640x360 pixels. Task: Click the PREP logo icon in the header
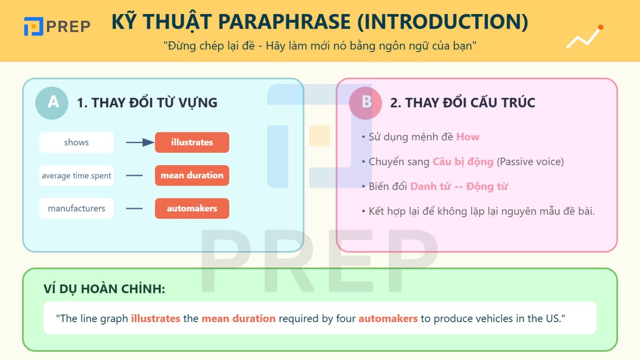[x=33, y=26]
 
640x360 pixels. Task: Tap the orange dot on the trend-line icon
[x=600, y=27]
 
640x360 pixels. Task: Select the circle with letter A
[x=52, y=103]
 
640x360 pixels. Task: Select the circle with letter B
[x=365, y=103]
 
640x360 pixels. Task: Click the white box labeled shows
[x=76, y=142]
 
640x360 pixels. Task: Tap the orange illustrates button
[x=192, y=142]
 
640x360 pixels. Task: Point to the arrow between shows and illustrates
[x=140, y=142]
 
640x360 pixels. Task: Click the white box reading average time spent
[x=76, y=176]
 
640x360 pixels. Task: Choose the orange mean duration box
[x=192, y=176]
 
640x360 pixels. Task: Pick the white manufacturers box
[x=76, y=208]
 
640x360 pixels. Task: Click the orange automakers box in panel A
[x=192, y=208]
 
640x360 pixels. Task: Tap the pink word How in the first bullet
[x=468, y=137]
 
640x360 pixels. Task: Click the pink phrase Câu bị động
[x=463, y=162]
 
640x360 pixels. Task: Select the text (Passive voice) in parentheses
[x=530, y=162]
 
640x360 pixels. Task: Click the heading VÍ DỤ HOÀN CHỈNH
[x=104, y=289]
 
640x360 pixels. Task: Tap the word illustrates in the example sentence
[x=156, y=318]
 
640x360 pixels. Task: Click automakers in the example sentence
[x=388, y=318]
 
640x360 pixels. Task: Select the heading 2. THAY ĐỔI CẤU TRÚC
[x=462, y=103]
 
